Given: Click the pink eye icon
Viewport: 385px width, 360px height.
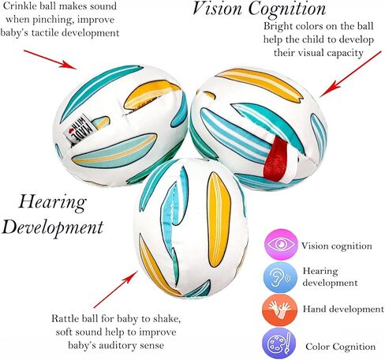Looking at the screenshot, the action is (281, 245).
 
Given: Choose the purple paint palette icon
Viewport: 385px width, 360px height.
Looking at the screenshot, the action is (279, 343).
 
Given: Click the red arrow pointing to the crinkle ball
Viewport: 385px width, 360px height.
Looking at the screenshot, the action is (50, 59).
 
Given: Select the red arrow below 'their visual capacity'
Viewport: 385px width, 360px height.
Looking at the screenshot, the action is (350, 74).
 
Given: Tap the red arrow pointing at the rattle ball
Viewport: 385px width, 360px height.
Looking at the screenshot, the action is (116, 289).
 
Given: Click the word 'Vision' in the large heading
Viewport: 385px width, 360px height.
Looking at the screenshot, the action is (217, 9).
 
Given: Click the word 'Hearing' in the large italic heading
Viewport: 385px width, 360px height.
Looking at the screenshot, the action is (52, 203).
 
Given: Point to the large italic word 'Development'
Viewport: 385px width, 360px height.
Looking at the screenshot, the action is (53, 227).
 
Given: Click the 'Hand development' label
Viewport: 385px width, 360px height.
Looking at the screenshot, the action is (343, 309).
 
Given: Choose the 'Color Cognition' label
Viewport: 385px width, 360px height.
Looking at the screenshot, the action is (341, 347).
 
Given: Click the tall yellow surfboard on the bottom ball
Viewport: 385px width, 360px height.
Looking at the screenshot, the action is (219, 220).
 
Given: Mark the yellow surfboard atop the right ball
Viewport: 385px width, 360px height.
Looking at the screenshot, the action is (260, 84).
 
